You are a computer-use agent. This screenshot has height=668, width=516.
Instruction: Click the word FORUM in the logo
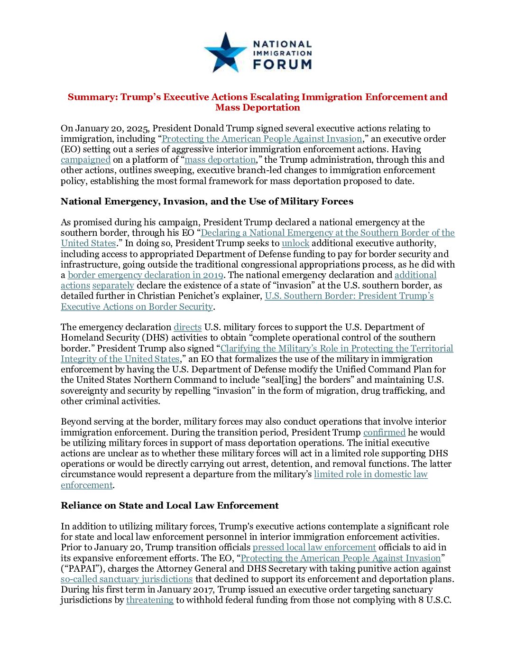(x=282, y=64)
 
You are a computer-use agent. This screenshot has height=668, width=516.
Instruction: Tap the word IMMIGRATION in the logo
(x=282, y=54)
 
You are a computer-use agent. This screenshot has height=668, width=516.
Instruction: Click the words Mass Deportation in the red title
(x=258, y=108)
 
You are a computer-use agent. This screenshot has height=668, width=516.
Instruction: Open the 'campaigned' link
(x=85, y=160)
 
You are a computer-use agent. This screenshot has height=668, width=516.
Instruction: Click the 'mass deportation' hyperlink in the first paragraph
(x=220, y=160)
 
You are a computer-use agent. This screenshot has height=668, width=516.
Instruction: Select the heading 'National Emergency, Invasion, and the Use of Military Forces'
(x=207, y=202)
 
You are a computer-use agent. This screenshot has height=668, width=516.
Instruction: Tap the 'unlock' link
(x=295, y=243)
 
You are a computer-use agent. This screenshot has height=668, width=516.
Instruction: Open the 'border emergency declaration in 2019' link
(x=145, y=275)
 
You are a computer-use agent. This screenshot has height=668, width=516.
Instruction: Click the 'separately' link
(x=113, y=286)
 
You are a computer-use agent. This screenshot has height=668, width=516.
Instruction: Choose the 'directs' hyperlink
(x=187, y=327)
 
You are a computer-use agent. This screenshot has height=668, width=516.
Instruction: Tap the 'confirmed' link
(x=384, y=433)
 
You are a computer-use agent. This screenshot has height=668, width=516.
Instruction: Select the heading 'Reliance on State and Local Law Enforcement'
(x=169, y=506)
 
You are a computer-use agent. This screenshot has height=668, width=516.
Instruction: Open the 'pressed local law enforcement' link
(x=314, y=547)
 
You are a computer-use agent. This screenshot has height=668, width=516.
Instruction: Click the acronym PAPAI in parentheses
(x=80, y=569)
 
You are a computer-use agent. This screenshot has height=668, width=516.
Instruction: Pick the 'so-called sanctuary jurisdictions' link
(x=127, y=579)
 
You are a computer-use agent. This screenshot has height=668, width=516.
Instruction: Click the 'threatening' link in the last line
(x=150, y=600)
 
